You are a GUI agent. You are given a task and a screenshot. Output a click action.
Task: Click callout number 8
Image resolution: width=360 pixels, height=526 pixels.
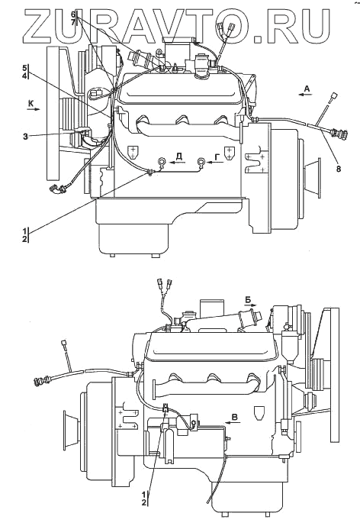click(338, 169)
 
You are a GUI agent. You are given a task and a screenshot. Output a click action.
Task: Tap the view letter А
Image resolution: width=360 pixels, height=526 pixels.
click(307, 89)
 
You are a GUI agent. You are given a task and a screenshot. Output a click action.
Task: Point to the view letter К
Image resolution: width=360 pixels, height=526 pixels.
click(31, 104)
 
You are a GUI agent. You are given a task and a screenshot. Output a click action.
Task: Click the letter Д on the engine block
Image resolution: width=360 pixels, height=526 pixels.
click(179, 155)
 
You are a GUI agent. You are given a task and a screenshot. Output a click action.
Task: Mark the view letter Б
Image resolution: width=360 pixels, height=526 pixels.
click(248, 299)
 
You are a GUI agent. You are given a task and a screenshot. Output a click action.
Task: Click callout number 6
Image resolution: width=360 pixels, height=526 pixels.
click(72, 15)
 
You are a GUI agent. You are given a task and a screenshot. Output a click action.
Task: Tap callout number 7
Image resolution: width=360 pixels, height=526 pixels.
click(72, 21)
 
